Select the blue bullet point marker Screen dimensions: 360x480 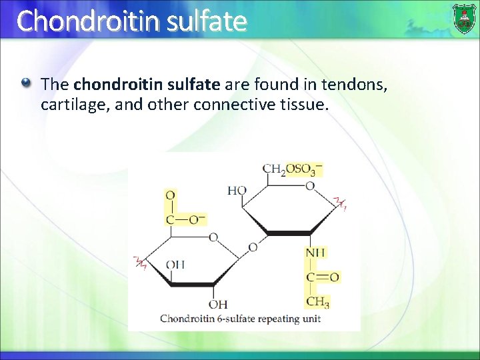click(x=25, y=84)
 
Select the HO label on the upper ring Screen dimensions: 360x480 click(x=237, y=191)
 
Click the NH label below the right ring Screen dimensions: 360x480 click(x=315, y=253)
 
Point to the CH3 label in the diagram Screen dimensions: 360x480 click(x=317, y=302)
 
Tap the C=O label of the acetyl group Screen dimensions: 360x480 click(x=322, y=277)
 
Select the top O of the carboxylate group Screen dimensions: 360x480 click(x=171, y=195)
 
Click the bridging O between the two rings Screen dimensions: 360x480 click(x=253, y=247)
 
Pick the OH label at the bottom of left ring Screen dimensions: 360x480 click(x=217, y=305)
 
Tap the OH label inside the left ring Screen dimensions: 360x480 click(x=175, y=265)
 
